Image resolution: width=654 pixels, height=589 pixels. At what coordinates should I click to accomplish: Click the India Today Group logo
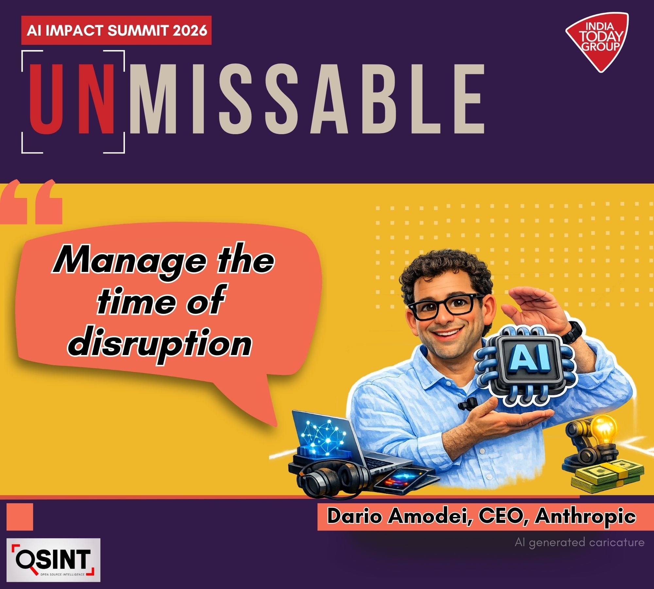[597, 41]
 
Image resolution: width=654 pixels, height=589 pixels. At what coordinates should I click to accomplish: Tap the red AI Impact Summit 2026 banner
[116, 30]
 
